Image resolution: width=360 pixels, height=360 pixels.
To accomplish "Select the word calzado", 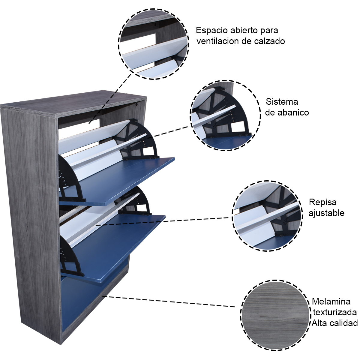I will pyautogui.click(x=269, y=41).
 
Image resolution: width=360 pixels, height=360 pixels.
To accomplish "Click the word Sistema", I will pyautogui.click(x=282, y=102).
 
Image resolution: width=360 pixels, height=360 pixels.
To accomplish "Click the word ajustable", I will pyautogui.click(x=326, y=213).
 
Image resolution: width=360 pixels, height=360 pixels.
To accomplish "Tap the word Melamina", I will pyautogui.click(x=331, y=301).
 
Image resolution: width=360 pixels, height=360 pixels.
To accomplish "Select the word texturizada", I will pyautogui.click(x=335, y=312).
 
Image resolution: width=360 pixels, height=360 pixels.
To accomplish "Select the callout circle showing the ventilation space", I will pyautogui.click(x=154, y=44).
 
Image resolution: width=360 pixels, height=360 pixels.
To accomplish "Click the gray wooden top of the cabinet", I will pyautogui.click(x=75, y=103).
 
